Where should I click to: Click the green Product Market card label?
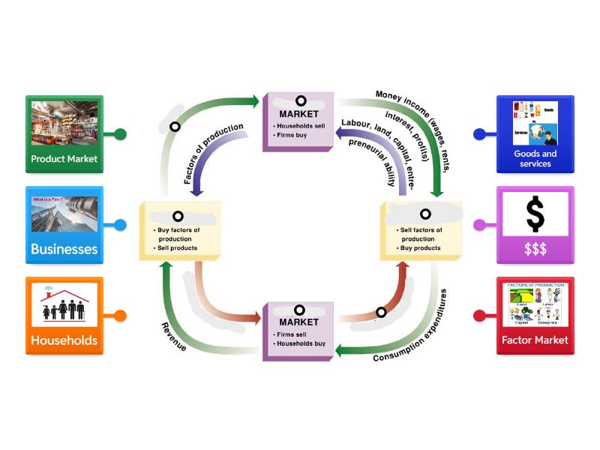pyautogui.click(x=64, y=159)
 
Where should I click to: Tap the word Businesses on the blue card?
pyautogui.click(x=64, y=249)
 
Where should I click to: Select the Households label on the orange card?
pyautogui.click(x=64, y=340)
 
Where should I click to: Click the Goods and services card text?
pyautogui.click(x=535, y=158)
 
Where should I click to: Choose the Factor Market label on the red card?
pyautogui.click(x=535, y=340)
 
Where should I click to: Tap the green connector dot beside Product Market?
pyautogui.click(x=119, y=135)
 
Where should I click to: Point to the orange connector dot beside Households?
pyautogui.click(x=119, y=316)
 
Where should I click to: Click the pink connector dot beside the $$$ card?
pyautogui.click(x=480, y=224)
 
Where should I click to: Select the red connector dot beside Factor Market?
pyautogui.click(x=480, y=316)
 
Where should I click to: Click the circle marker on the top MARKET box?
pyautogui.click(x=300, y=100)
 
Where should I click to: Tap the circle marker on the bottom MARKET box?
pyautogui.click(x=299, y=310)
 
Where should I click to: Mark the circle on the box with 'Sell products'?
pyautogui.click(x=178, y=216)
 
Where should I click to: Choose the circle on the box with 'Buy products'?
pyautogui.click(x=425, y=214)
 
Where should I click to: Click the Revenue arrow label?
pyautogui.click(x=174, y=337)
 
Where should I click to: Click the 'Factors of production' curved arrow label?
pyautogui.click(x=214, y=154)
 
